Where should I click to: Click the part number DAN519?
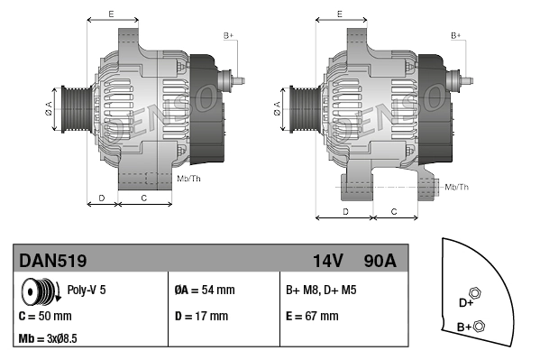53,261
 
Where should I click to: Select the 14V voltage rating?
327,261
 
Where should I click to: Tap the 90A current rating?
379,261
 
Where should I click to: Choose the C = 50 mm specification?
45,317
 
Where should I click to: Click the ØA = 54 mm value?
204,291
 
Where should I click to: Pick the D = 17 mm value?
201,317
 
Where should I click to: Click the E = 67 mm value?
312,317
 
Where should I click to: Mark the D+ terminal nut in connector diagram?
477,293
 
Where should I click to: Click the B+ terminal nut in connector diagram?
479,326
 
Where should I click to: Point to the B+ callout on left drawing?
228,35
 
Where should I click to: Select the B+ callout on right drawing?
456,35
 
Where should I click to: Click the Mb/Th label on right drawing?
457,187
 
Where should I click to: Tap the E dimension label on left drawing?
111,14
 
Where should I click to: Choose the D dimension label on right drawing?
346,210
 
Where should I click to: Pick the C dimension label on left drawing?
144,196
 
